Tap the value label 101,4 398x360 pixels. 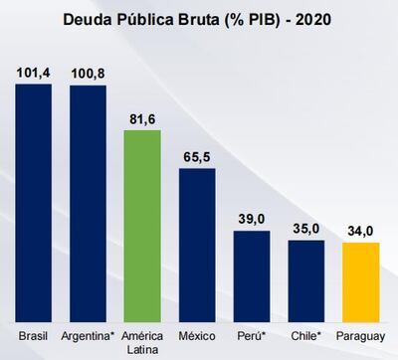(x=33, y=73)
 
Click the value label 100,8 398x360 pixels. (x=88, y=74)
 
